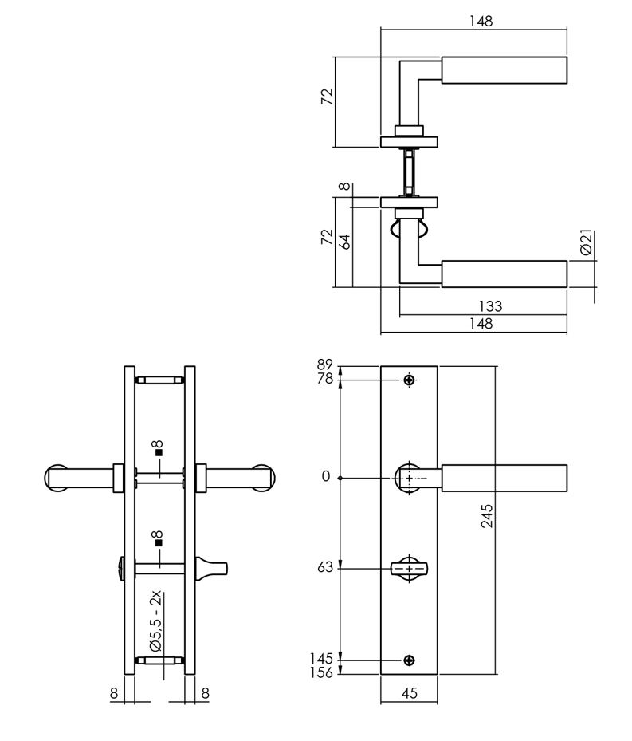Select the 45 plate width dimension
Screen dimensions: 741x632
pos(409,694)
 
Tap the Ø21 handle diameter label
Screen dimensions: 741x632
pos(586,243)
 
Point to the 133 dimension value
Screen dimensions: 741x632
pos(490,306)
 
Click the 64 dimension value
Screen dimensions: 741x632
pos(346,242)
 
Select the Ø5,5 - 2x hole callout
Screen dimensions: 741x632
pos(157,621)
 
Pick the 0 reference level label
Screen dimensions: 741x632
pos(325,477)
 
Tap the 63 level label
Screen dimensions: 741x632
pos(325,568)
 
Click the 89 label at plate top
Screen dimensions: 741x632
pos(325,365)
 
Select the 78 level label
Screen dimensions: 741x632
pos(325,378)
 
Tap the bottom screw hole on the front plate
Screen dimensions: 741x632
pos(410,660)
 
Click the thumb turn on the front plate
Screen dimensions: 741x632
pos(410,569)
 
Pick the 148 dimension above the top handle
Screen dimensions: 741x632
pos(479,22)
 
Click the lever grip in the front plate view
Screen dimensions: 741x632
pos(504,478)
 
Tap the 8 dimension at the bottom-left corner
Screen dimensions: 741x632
pos(114,694)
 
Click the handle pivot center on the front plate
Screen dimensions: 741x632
pos(410,478)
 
